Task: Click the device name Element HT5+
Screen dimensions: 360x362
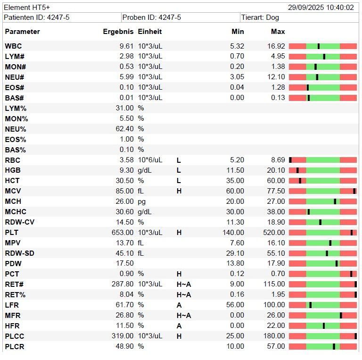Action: click(27, 8)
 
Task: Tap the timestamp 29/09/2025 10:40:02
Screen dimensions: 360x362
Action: click(321, 8)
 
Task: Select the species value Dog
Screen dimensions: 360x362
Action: click(272, 17)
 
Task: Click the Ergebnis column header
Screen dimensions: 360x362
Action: click(118, 32)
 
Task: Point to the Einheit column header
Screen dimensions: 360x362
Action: click(150, 32)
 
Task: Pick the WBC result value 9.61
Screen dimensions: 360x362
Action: click(127, 46)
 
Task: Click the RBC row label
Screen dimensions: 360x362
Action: click(13, 160)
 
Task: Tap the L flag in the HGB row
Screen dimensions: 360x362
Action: click(179, 171)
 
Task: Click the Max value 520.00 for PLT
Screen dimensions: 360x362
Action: click(275, 233)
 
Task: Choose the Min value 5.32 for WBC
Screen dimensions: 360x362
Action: click(237, 46)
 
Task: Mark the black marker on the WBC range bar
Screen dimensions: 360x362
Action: click(319, 46)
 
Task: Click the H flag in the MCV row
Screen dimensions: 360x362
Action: click(179, 191)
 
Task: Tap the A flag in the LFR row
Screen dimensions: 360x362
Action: click(179, 305)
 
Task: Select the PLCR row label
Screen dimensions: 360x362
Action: click(15, 347)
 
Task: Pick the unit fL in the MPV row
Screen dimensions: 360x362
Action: click(140, 243)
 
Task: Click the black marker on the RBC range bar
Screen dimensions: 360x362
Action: click(290, 160)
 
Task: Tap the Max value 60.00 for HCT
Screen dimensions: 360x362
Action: click(277, 181)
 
